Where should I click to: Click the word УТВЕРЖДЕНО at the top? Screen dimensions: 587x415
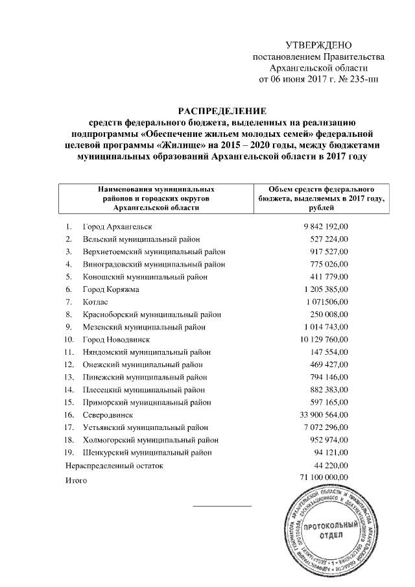point(318,45)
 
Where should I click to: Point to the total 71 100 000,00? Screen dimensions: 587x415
point(324,477)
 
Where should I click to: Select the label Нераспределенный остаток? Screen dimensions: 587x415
point(113,465)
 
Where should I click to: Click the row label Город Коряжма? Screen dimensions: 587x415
point(111,289)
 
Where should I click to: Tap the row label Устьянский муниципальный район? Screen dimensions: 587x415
point(146,427)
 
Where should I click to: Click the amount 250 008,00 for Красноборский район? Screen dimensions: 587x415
point(328,313)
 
